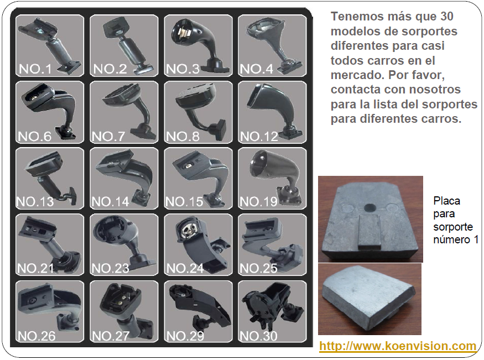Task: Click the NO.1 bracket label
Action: (x=35, y=69)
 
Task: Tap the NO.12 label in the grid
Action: (x=259, y=137)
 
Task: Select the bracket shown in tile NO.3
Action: (x=199, y=44)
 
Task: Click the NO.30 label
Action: (x=259, y=336)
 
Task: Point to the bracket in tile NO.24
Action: (x=202, y=244)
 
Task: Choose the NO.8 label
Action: (x=183, y=137)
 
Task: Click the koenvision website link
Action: (x=398, y=346)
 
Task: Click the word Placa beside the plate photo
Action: (x=446, y=201)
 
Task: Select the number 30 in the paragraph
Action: (x=446, y=17)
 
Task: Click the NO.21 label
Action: (x=35, y=268)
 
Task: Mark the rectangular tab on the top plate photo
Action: (x=369, y=232)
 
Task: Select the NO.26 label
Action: (x=37, y=336)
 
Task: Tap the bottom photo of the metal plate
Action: (x=369, y=299)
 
